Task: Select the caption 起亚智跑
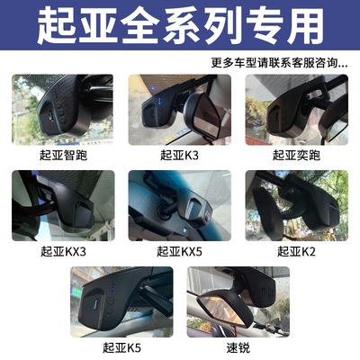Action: [x=64, y=155]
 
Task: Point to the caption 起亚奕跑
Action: [x=296, y=155]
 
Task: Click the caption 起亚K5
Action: [x=121, y=347]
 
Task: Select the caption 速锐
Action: [x=238, y=347]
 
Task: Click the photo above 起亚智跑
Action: [x=64, y=110]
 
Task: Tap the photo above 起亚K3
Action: [x=179, y=110]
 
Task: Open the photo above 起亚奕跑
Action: [x=296, y=110]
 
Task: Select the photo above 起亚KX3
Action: [x=64, y=206]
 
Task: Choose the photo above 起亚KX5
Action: [x=179, y=206]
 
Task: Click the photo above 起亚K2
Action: [x=296, y=206]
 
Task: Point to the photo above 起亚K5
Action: [x=121, y=301]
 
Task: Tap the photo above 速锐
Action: [x=238, y=301]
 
